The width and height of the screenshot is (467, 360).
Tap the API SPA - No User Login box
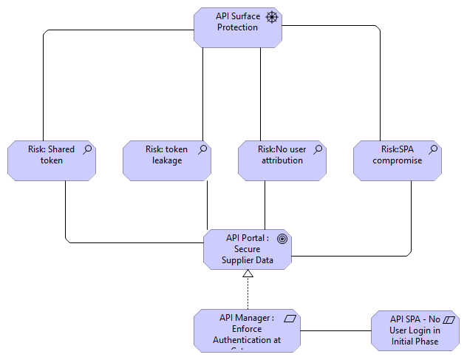pos(415,330)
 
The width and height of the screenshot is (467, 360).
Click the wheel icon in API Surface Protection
pos(273,17)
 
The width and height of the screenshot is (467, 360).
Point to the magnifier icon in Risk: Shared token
pos(87,149)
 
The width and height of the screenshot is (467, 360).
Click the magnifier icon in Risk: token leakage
pos(202,149)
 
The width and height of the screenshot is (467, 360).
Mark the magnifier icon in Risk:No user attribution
pos(318,149)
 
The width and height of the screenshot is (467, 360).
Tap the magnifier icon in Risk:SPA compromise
pos(433,149)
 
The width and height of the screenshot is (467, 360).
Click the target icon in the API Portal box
pos(282,238)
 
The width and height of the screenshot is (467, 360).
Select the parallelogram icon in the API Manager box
pos(290,319)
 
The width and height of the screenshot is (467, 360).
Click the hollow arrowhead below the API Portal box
pos(248,274)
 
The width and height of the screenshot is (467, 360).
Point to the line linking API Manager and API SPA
pos(335,330)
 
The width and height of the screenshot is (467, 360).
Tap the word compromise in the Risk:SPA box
pos(398,160)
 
